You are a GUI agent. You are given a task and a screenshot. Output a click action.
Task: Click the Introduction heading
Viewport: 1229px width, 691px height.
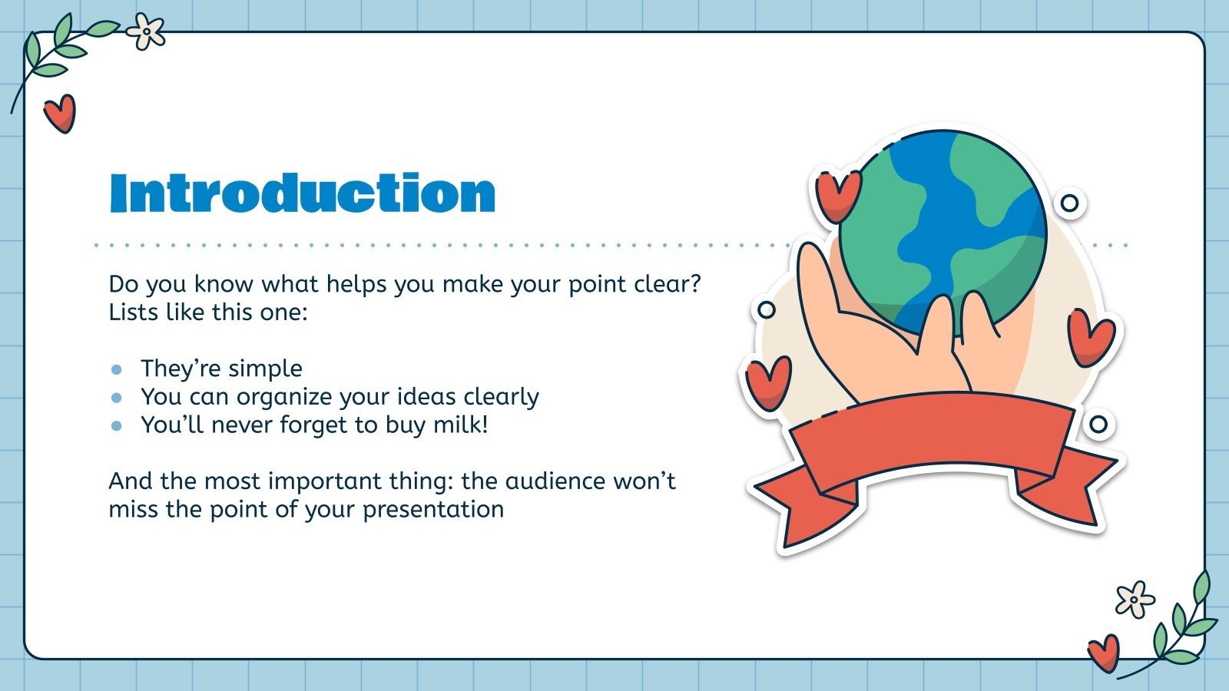click(302, 193)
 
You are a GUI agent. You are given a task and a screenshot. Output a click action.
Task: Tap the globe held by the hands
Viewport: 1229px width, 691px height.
click(942, 230)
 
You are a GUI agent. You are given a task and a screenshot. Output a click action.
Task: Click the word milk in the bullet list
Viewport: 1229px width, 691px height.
click(458, 425)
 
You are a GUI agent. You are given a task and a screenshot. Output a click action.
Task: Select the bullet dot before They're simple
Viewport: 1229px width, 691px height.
click(117, 369)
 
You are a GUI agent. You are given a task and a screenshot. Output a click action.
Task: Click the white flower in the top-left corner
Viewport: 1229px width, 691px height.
click(146, 31)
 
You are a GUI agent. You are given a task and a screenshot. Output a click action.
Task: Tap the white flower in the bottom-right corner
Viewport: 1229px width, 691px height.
click(1135, 599)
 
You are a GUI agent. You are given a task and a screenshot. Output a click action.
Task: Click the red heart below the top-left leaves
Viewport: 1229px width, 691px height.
click(59, 113)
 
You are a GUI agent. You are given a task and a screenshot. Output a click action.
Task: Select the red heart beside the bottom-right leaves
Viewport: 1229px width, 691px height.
click(1104, 653)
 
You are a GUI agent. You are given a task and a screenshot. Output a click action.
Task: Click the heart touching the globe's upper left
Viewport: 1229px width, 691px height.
click(836, 194)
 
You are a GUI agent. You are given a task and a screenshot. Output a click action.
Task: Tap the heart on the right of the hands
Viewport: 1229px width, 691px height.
click(1090, 336)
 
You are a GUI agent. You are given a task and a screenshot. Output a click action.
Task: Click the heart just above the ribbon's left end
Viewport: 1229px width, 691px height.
click(768, 382)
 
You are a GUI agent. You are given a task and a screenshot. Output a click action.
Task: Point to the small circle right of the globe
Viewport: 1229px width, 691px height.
click(1069, 203)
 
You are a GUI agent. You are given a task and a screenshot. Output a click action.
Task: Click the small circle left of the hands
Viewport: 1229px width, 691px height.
click(766, 309)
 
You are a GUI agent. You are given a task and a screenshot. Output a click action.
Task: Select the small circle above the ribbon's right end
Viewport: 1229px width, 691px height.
click(1098, 424)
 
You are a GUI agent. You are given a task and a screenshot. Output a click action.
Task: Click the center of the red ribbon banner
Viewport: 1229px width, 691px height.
click(932, 434)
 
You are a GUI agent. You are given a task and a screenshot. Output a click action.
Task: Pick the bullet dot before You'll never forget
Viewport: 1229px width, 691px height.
click(117, 425)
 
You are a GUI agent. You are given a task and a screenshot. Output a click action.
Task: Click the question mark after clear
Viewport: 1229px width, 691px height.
click(694, 284)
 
